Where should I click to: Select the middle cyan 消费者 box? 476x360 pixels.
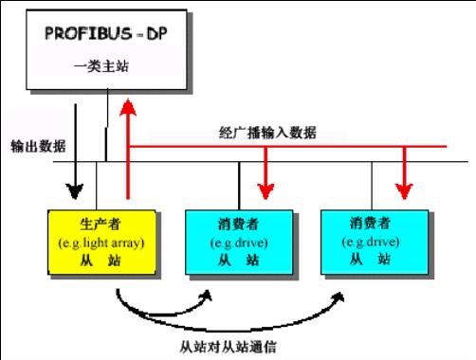(x=230, y=243)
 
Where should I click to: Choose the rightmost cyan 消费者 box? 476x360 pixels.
(x=370, y=243)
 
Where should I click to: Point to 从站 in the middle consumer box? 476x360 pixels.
(x=230, y=258)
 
